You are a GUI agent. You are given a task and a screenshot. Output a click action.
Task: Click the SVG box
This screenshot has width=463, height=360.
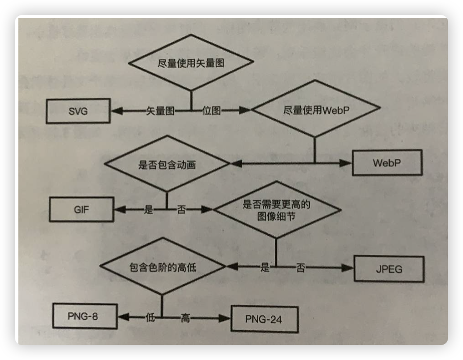78,112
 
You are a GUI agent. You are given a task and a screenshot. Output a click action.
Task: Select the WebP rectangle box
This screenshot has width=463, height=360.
387,162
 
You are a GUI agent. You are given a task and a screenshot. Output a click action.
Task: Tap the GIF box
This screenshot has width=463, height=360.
82,209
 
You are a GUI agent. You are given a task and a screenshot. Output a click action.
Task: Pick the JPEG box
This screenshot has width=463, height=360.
389,269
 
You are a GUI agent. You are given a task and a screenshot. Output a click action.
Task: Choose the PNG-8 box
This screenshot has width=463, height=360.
83,316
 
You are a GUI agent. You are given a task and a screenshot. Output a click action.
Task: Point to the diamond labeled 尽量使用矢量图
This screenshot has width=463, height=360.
191,62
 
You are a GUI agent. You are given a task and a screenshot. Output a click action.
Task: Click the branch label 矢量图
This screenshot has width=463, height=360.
160,111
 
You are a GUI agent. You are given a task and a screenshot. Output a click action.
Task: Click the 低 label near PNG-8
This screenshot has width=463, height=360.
150,317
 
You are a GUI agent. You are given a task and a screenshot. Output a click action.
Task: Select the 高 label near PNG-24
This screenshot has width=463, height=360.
185,318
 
